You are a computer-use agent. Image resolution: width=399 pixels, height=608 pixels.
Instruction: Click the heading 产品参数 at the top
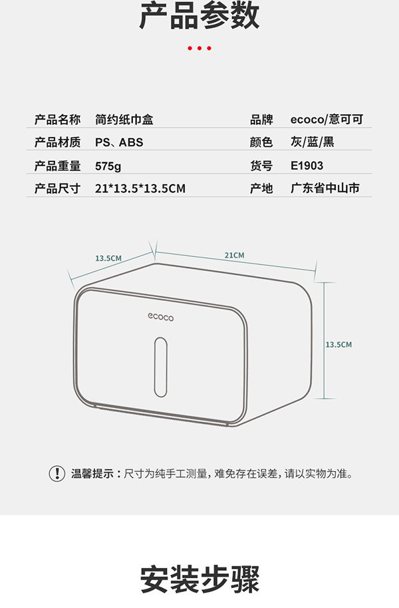pyautogui.click(x=199, y=17)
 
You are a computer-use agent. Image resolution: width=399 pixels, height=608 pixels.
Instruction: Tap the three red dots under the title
pyautogui.click(x=199, y=49)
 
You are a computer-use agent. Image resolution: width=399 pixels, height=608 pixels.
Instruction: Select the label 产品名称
pyautogui.click(x=57, y=120)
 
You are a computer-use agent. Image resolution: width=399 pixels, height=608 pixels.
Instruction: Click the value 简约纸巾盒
pyautogui.click(x=124, y=120)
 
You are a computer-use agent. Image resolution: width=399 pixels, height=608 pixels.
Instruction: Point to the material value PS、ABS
pyautogui.click(x=118, y=143)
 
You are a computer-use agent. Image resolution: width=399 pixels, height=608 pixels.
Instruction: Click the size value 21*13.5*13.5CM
pyautogui.click(x=140, y=189)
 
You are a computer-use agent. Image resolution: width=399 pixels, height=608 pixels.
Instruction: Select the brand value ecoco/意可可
pyautogui.click(x=327, y=120)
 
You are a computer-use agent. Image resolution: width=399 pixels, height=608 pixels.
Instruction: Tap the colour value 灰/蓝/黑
pyautogui.click(x=311, y=143)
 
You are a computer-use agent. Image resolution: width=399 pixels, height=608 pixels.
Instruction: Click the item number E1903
pyautogui.click(x=307, y=165)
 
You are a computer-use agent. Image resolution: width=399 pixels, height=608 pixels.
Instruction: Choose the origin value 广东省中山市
pyautogui.click(x=325, y=189)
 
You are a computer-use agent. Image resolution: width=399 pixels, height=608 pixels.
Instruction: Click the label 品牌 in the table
pyautogui.click(x=261, y=120)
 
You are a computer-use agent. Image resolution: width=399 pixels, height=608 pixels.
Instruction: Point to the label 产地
pyautogui.click(x=261, y=189)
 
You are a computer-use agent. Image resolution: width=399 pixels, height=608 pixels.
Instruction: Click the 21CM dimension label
pyautogui.click(x=234, y=255)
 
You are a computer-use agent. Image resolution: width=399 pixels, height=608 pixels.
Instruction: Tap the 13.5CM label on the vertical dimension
pyautogui.click(x=338, y=344)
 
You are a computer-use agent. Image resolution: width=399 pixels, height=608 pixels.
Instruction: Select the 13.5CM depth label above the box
pyautogui.click(x=108, y=258)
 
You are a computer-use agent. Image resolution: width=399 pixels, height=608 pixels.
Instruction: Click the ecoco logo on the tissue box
pyautogui.click(x=160, y=318)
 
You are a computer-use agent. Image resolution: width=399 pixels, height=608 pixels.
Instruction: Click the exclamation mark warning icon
pyautogui.click(x=57, y=474)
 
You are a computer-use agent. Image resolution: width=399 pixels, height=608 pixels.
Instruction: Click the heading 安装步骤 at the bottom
pyautogui.click(x=199, y=579)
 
